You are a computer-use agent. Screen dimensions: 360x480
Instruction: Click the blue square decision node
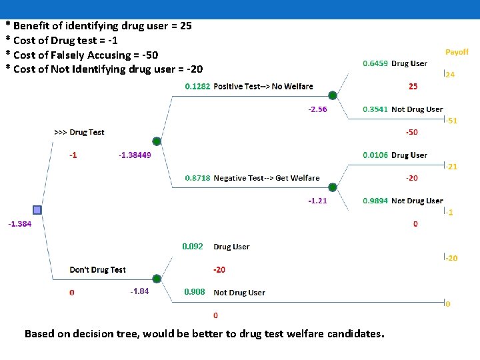pos(37,209)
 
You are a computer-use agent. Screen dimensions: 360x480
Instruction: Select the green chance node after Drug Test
pos(156,141)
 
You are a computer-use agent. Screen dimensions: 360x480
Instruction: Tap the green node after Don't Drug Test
pos(156,279)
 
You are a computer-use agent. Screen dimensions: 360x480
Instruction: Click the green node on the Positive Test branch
pos(333,95)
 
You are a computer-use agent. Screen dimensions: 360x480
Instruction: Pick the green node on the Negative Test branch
pos(333,187)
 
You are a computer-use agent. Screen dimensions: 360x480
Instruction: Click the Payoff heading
pos(457,52)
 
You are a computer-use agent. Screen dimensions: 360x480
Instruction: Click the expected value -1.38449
pos(134,155)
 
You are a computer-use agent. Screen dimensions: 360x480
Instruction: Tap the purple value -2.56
pos(317,109)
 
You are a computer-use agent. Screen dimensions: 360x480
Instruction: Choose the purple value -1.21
pos(317,201)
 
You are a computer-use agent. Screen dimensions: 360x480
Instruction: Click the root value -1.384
pos(19,224)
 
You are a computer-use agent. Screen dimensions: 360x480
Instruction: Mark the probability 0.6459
pos(375,64)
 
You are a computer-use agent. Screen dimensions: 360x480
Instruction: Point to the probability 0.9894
pos(375,201)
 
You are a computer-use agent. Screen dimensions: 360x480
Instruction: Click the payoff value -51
pos(451,121)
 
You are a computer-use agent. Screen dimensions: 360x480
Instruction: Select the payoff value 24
pos(450,75)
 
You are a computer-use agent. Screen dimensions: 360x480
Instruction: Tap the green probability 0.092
pos(193,247)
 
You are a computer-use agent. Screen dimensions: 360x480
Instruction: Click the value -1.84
pos(140,291)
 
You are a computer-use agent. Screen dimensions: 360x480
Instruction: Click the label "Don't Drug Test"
pos(97,270)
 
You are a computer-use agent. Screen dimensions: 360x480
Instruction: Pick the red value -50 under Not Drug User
pos(412,132)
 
